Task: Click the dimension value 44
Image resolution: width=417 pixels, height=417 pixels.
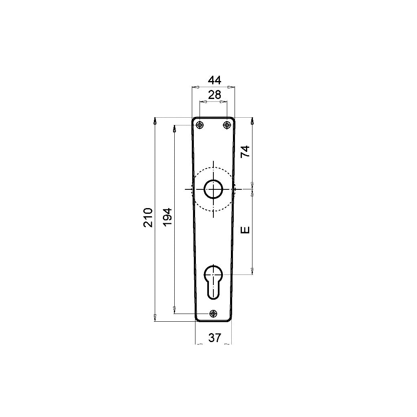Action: (214, 80)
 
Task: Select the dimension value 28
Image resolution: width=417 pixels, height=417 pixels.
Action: (214, 94)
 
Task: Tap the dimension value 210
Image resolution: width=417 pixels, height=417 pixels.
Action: (148, 217)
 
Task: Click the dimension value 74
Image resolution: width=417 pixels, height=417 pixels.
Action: (245, 151)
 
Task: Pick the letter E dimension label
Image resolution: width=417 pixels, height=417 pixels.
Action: (245, 230)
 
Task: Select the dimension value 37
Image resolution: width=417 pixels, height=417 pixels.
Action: (215, 338)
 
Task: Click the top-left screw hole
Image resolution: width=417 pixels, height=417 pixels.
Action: (200, 125)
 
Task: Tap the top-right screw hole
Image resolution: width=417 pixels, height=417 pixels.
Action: (227, 125)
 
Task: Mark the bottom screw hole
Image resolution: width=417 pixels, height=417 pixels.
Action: (213, 314)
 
